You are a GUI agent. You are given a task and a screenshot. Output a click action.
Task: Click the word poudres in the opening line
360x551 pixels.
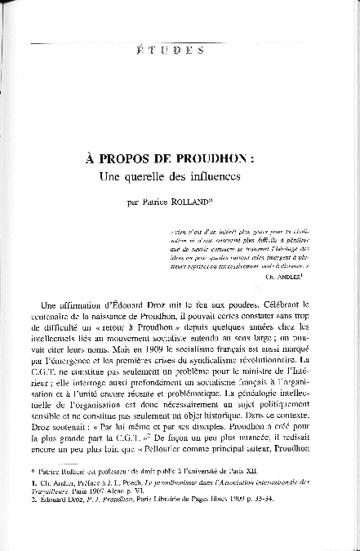233,300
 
